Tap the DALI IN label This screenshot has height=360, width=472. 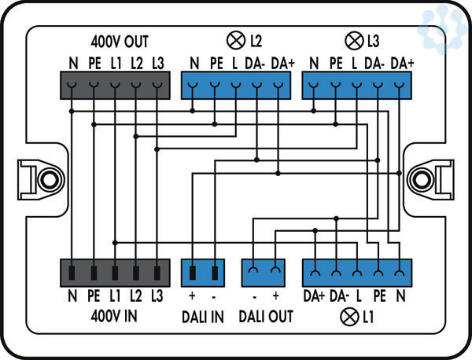203,316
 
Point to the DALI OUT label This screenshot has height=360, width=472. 265,316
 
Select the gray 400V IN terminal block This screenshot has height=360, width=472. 116,274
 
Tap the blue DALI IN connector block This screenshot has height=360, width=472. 203,274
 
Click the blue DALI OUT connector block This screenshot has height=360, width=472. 264,274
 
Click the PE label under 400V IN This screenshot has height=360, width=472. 93,296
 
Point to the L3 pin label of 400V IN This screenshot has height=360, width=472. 158,296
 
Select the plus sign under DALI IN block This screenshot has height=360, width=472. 192,296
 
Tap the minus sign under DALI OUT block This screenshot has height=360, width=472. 255,296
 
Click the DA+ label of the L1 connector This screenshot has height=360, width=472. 314,296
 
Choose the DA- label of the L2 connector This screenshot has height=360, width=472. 256,62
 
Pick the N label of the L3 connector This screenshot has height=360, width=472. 314,62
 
